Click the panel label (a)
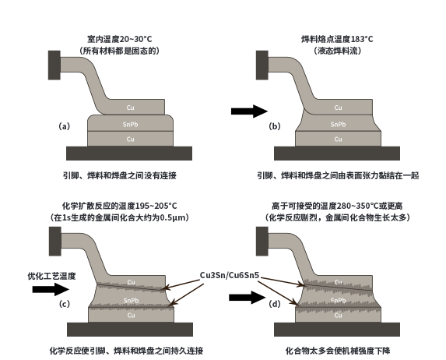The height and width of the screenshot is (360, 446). click(65, 126)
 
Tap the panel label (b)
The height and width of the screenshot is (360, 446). click(275, 126)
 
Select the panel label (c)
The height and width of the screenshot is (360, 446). click(65, 304)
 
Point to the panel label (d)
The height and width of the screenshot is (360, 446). click(275, 304)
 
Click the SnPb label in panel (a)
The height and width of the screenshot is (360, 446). click(130, 125)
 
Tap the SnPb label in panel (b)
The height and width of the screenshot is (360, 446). click(339, 125)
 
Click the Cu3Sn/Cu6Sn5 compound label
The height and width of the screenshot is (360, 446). click(230, 275)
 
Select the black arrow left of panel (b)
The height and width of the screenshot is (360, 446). click(249, 111)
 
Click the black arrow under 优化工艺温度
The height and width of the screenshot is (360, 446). click(51, 289)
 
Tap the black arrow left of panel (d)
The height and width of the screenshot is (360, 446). click(248, 298)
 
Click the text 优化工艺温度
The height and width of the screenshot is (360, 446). click(51, 276)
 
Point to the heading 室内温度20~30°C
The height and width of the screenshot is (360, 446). click(120, 39)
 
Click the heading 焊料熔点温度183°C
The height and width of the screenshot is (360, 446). click(337, 39)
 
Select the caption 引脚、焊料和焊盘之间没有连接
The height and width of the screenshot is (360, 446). click(119, 175)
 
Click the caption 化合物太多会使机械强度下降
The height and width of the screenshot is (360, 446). click(338, 351)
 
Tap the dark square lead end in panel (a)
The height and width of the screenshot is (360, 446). click(54, 65)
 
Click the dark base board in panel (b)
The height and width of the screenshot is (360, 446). click(337, 154)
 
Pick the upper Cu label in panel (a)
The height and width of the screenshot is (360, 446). click(130, 108)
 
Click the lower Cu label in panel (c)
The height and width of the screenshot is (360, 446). click(131, 316)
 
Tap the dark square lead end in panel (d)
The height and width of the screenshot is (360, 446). click(262, 242)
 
